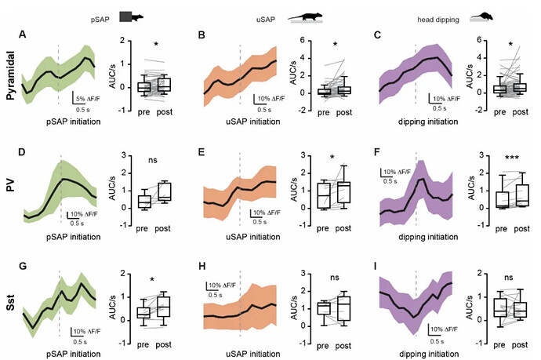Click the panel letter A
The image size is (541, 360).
(x=26, y=35)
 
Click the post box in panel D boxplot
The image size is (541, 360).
(x=165, y=193)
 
